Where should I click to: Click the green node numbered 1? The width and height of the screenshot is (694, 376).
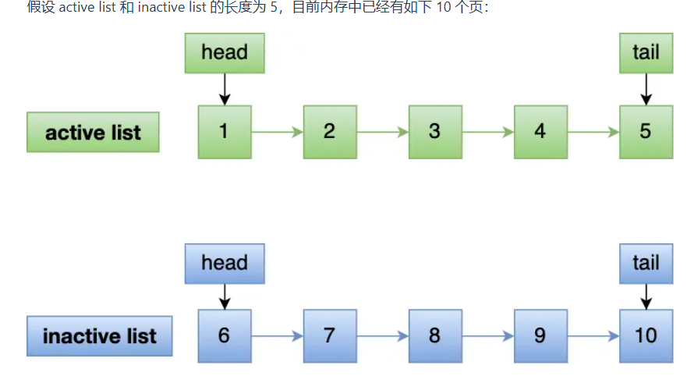[x=225, y=132]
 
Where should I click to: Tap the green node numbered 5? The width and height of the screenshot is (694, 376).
[x=646, y=132]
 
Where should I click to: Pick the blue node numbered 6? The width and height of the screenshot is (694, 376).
[x=225, y=336]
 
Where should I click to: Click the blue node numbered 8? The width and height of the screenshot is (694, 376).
[x=435, y=336]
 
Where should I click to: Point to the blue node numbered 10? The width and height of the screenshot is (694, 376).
[x=646, y=336]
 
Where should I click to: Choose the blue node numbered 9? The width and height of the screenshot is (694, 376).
[x=540, y=336]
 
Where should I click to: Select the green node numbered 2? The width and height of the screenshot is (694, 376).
[x=330, y=132]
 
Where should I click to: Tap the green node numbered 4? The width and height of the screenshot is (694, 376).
[x=540, y=132]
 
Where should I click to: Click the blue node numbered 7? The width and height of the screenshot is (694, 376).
[x=330, y=336]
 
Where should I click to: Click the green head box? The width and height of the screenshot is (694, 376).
[x=225, y=53]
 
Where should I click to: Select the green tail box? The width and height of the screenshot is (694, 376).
[x=646, y=53]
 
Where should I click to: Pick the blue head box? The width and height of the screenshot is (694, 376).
[x=225, y=263]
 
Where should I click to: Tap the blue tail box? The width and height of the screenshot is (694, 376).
[x=646, y=263]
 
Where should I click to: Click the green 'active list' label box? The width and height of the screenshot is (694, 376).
[x=93, y=132]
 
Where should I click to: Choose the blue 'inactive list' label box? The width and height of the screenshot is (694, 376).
[x=99, y=336]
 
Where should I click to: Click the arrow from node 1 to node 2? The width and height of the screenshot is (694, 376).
[x=277, y=132]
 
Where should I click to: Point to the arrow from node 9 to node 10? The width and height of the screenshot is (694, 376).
[x=593, y=336]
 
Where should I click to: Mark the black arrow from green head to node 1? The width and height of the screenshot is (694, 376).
[x=225, y=89]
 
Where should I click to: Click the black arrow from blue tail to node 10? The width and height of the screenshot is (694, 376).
[x=646, y=296]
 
